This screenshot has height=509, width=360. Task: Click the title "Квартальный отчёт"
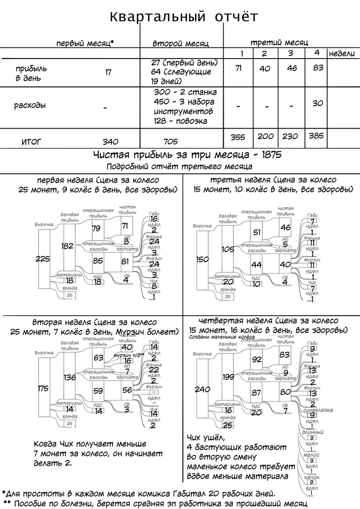click(184, 17)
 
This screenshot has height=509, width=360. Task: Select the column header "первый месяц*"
click(84, 44)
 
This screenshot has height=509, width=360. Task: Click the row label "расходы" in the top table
click(30, 105)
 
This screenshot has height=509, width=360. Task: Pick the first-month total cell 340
click(110, 141)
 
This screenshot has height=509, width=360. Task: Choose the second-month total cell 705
click(170, 141)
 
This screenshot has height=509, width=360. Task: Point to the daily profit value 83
click(317, 68)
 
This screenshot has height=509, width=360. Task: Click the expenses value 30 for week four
click(317, 103)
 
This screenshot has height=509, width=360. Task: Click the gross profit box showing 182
click(68, 246)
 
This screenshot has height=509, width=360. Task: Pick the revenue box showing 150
click(203, 259)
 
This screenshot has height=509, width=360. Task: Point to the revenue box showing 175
click(43, 388)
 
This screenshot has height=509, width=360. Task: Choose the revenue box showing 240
click(203, 389)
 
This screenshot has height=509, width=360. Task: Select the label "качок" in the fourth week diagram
click(312, 478)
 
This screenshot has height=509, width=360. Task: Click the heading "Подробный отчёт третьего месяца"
click(179, 167)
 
